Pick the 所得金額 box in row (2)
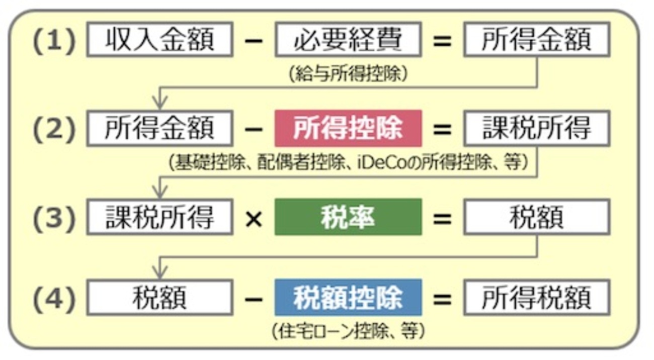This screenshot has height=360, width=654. coord(160,129)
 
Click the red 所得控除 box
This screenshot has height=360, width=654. coord(348,129)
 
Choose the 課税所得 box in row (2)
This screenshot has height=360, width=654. coord(536,129)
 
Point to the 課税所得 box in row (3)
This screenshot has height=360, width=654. coord(160,217)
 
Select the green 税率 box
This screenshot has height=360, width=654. coord(348,217)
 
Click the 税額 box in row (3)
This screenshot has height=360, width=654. coord(536,217)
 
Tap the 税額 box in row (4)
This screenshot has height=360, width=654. coord(160,298)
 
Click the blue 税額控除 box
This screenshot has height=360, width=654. coord(348,298)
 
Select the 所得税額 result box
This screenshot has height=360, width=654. coord(536,298)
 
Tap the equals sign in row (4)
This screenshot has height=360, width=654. coord(442,298)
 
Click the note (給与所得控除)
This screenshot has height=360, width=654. coord(348,73)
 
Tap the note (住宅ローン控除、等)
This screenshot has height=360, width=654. coord(348,331)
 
